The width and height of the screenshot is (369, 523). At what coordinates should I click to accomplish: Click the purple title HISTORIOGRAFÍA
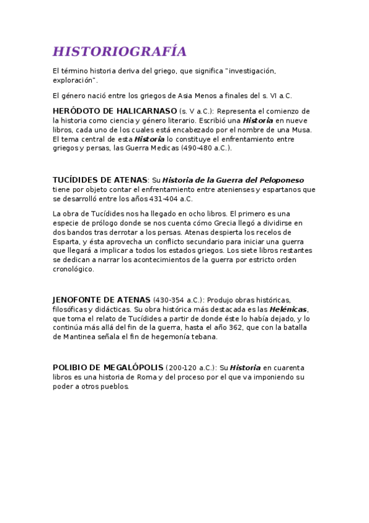(x=120, y=51)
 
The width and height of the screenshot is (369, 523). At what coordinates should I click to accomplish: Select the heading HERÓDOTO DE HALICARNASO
(x=115, y=110)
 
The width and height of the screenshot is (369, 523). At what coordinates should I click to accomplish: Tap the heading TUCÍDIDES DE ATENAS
(x=100, y=180)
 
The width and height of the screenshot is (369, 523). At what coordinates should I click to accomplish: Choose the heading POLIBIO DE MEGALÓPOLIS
(x=108, y=368)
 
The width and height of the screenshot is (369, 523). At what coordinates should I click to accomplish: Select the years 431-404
(x=168, y=199)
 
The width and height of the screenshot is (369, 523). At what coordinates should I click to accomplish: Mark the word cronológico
(x=73, y=269)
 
